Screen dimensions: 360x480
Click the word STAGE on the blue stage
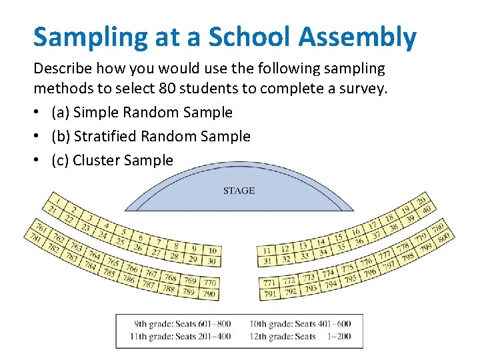[239, 191]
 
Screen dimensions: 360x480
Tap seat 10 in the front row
[211, 250]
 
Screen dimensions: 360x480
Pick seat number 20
[421, 200]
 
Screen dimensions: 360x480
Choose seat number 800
[443, 235]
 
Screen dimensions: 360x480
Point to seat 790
[209, 294]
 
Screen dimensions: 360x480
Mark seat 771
[270, 283]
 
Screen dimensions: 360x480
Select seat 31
[267, 261]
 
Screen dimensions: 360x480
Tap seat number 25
[120, 240]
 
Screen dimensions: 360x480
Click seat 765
[113, 263]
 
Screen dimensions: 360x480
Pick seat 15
[339, 237]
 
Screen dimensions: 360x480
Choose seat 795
[349, 279]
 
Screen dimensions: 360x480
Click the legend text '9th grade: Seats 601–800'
[182, 324]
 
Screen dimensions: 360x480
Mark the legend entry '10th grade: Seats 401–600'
[300, 324]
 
